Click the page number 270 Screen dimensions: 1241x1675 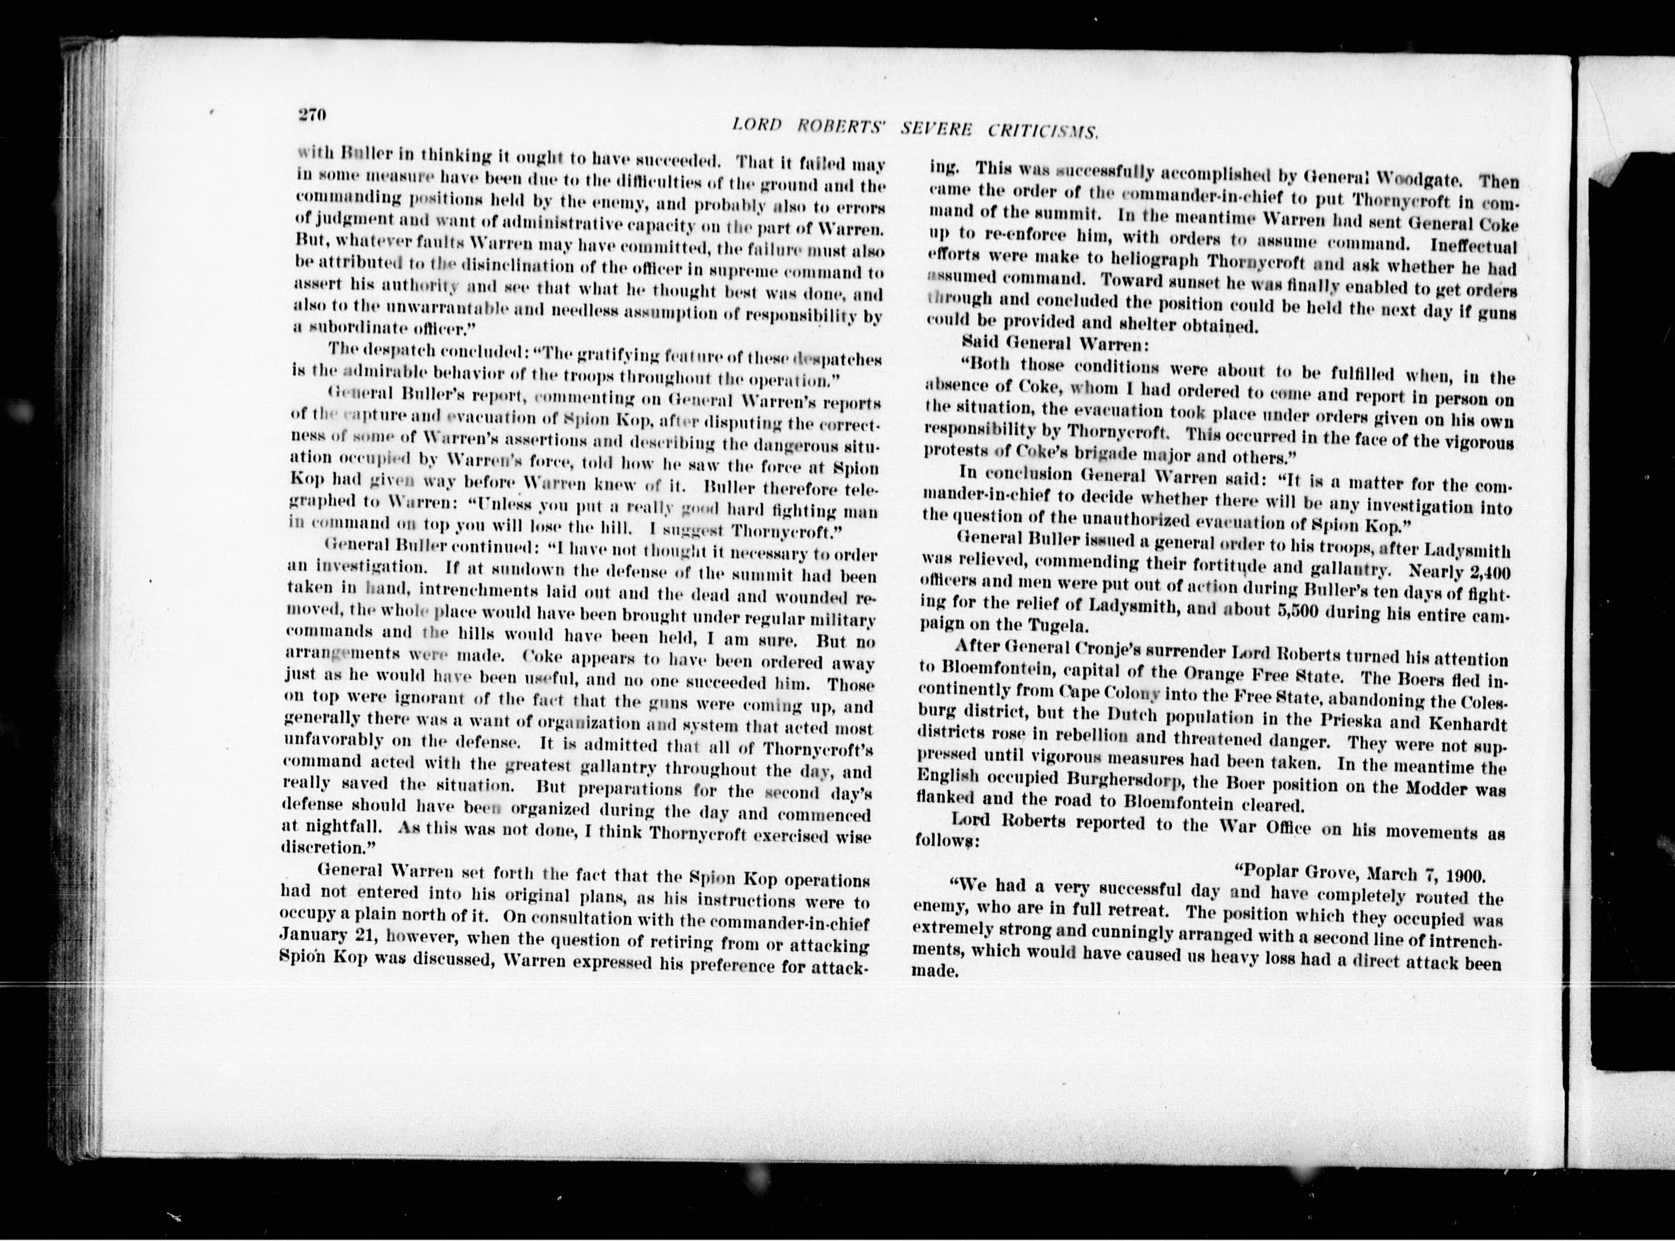coord(310,115)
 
